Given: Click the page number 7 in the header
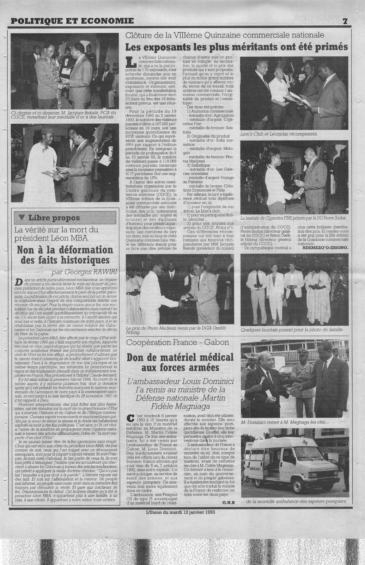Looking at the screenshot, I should point(345,21).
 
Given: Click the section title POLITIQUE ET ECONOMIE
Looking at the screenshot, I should point(72,21).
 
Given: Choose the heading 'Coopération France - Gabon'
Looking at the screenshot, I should point(177,342).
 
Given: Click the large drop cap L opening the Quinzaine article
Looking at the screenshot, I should point(131,61).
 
